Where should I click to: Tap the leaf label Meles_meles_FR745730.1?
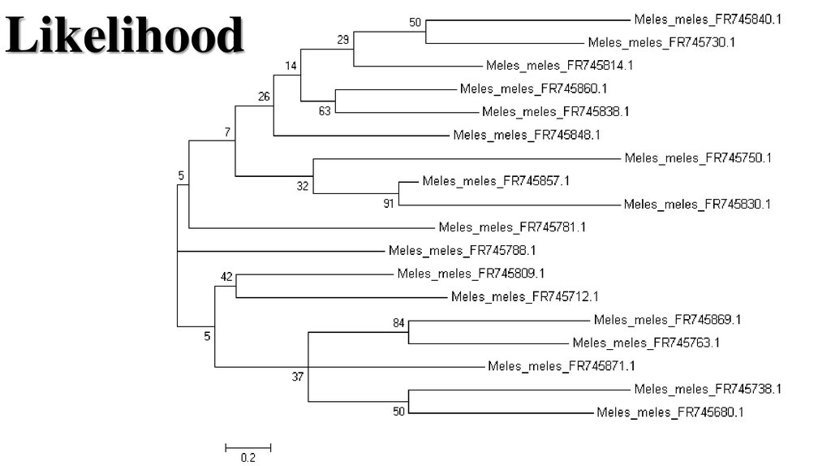661,42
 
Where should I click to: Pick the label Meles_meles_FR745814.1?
560,65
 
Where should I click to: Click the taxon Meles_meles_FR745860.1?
533,88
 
